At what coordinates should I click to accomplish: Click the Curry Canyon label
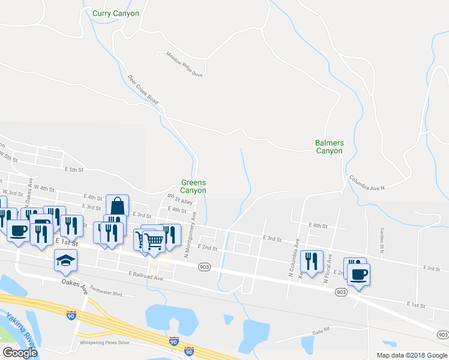(x=116, y=13)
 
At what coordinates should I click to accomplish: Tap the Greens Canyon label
(x=193, y=187)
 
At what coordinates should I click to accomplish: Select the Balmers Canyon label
(x=330, y=147)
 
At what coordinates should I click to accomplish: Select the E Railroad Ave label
(x=145, y=276)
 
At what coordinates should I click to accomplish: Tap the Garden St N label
(x=382, y=239)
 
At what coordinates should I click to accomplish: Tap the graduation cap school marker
(x=65, y=259)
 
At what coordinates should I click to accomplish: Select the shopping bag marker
(x=117, y=205)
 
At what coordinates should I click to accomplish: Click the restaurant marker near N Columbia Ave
(x=311, y=261)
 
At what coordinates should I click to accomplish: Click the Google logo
(x=20, y=353)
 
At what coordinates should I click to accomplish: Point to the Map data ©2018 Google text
(x=411, y=355)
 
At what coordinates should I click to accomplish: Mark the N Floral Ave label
(x=328, y=268)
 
